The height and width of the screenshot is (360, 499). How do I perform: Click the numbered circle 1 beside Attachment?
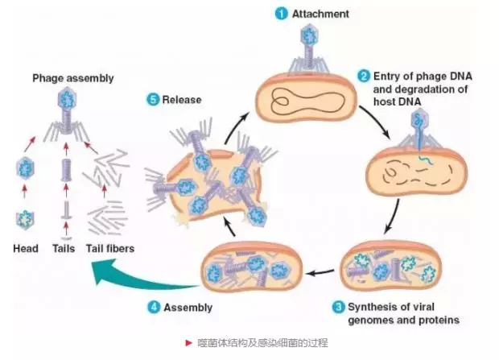[x=282, y=13]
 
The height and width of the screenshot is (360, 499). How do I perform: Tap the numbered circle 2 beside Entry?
[x=364, y=77]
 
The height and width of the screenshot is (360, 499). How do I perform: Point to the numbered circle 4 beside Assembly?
[x=154, y=307]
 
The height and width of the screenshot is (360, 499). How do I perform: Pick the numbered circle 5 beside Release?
[x=154, y=100]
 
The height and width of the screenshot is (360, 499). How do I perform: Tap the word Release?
[x=181, y=100]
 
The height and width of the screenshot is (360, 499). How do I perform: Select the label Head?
[x=26, y=249]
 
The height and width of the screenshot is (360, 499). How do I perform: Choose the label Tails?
[x=64, y=249]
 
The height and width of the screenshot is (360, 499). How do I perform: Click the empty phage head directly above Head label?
[x=26, y=218]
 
